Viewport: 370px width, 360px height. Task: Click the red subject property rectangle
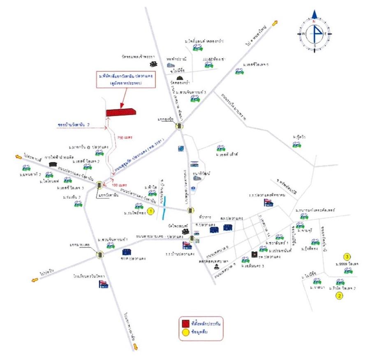[x=121, y=112]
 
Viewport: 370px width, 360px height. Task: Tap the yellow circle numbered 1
[x=150, y=211]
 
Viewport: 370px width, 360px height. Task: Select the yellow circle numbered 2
[x=339, y=295]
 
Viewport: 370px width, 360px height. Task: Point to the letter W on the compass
[x=303, y=34]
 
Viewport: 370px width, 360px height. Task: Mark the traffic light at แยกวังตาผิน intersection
[x=99, y=185]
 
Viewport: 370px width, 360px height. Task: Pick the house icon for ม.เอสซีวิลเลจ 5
[x=239, y=71]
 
